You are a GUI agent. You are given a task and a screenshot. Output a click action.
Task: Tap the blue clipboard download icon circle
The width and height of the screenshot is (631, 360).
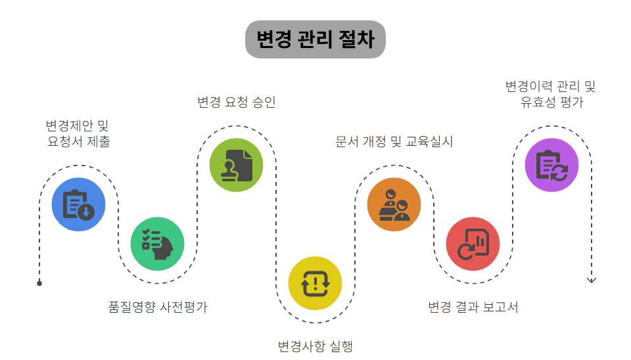(79, 204)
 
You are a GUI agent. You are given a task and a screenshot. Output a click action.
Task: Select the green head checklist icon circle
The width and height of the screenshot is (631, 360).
(158, 244)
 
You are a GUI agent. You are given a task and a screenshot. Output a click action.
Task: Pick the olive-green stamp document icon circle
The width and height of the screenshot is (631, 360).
(236, 165)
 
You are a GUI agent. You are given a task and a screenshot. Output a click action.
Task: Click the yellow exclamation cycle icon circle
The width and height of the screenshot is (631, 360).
(315, 283)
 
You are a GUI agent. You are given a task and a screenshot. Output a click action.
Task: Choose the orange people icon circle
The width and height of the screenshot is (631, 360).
(394, 204)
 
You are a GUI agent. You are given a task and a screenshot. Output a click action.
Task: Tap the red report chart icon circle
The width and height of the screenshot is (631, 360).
(473, 244)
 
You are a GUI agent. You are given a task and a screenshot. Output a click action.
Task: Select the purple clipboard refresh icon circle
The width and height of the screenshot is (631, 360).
(551, 165)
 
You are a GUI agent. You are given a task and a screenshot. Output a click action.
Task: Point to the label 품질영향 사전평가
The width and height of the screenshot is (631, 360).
(158, 307)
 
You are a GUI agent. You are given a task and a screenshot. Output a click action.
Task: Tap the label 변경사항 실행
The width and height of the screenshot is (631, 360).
(315, 346)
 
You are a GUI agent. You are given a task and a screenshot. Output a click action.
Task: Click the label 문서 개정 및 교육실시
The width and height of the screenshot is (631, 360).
(394, 141)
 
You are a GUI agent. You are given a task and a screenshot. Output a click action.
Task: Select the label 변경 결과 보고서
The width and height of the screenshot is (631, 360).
(473, 307)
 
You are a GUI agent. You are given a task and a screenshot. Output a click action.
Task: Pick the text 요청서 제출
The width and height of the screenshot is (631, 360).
(79, 141)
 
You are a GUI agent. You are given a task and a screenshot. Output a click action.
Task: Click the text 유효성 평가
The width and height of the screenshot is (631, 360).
(551, 102)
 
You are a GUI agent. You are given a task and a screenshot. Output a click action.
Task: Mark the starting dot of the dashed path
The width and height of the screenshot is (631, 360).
(39, 283)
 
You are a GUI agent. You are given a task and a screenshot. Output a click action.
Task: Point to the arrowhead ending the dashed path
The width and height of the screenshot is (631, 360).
(592, 280)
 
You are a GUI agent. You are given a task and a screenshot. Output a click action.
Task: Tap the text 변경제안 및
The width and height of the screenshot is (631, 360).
(78, 125)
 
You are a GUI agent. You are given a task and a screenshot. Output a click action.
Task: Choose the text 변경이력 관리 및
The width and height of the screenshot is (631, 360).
(551, 86)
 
